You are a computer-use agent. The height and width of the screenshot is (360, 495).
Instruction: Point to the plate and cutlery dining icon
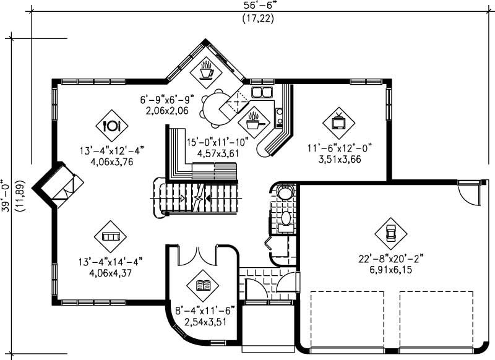click(112, 126)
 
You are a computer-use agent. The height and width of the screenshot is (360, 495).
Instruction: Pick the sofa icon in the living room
click(110, 237)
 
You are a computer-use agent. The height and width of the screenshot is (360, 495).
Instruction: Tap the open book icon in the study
click(202, 285)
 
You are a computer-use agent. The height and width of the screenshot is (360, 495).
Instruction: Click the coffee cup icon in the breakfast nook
click(206, 71)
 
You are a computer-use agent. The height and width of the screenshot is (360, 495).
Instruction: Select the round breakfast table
click(214, 105)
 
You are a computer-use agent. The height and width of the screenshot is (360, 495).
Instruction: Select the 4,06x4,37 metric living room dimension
click(111, 272)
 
